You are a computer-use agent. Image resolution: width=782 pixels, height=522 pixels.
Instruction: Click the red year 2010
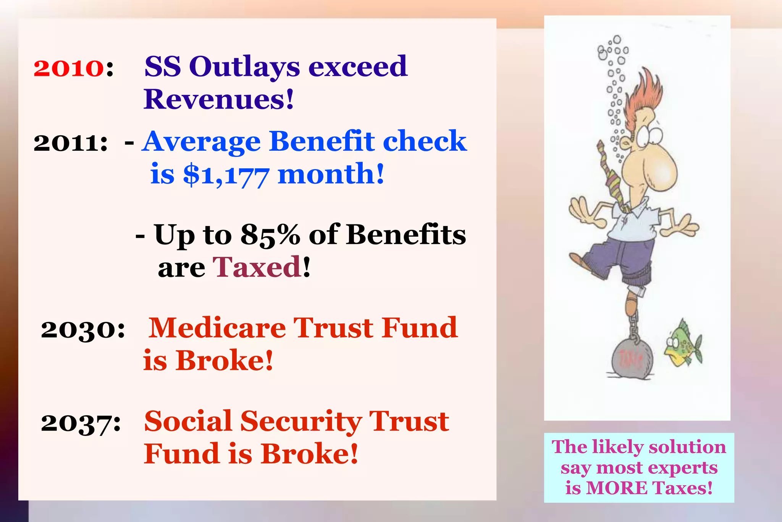coord(68,68)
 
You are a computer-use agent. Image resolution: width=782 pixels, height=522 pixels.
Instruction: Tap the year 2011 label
coord(70,143)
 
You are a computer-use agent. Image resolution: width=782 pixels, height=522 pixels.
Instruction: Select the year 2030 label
coord(82,329)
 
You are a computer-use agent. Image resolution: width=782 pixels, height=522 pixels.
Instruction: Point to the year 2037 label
coord(81,423)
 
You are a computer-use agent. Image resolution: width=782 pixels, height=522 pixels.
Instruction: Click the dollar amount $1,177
coord(226,175)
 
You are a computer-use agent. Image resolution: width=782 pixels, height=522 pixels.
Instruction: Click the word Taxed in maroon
coord(257,267)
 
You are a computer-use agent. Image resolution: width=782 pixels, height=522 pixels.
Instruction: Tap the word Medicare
coord(217,328)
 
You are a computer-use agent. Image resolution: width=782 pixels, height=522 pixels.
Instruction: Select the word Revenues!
coord(218,99)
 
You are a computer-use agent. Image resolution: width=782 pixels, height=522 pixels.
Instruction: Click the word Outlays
coord(244,67)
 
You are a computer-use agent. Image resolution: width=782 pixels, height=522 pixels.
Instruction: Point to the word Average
coord(201,141)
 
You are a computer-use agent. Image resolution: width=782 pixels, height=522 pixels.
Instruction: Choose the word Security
coord(301,421)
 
